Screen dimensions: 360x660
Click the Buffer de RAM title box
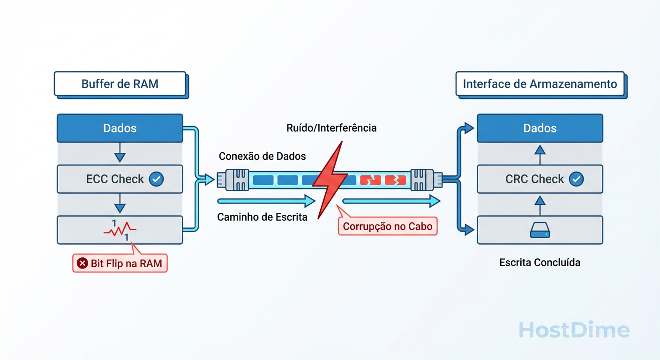click(120, 84)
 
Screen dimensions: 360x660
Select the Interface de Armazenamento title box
click(540, 84)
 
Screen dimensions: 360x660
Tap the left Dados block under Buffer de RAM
click(120, 128)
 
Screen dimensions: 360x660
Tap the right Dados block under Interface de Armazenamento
click(540, 128)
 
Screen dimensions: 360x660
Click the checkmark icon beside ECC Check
click(156, 179)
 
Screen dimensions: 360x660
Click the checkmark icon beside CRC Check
click(576, 179)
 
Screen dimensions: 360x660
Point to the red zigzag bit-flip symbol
click(120, 230)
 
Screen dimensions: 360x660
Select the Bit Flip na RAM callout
click(120, 263)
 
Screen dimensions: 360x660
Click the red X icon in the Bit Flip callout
click(82, 263)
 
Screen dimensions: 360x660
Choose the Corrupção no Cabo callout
click(387, 226)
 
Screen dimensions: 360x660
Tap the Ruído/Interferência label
click(331, 127)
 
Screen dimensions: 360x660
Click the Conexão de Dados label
click(262, 156)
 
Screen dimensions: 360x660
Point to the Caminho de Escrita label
click(262, 217)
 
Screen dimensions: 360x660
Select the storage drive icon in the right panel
click(540, 230)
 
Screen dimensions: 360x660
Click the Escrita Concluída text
click(540, 262)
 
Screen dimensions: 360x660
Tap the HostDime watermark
click(574, 330)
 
